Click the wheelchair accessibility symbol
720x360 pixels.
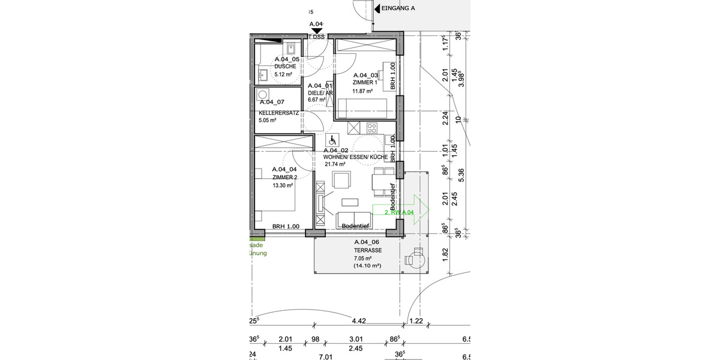[334, 139]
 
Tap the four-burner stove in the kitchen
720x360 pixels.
[371, 127]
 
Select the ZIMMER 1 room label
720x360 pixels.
[365, 82]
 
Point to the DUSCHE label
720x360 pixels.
[285, 67]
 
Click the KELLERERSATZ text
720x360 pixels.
[278, 113]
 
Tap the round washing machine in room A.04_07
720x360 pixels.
[262, 95]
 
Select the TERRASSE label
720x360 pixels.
[368, 250]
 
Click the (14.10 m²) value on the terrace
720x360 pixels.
[368, 266]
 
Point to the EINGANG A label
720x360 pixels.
[398, 8]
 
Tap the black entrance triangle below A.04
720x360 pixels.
[316, 31]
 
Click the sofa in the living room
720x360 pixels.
[353, 220]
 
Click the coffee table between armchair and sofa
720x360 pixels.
[349, 202]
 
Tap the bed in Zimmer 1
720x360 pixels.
[365, 109]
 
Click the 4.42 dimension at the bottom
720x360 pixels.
[359, 322]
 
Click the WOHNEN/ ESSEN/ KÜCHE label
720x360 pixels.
[355, 156]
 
